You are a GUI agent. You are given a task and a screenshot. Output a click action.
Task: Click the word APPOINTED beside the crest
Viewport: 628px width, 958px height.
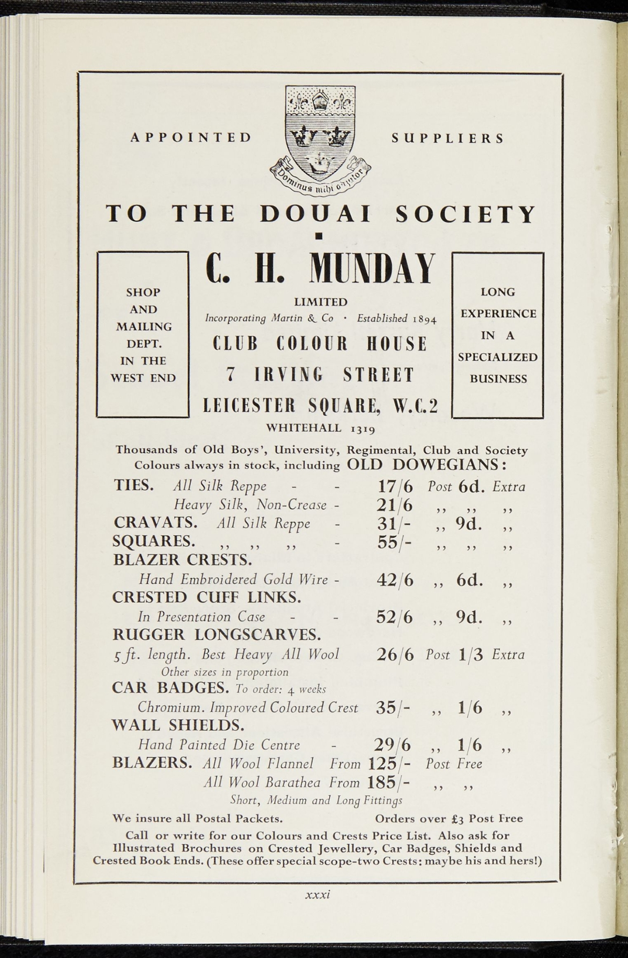(x=191, y=138)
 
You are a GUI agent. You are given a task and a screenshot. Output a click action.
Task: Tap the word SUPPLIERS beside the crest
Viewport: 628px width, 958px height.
(x=448, y=138)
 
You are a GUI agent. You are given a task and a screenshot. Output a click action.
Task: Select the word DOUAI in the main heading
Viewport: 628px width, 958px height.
(x=315, y=215)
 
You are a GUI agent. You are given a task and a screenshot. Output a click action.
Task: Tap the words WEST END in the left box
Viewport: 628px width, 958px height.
(x=143, y=378)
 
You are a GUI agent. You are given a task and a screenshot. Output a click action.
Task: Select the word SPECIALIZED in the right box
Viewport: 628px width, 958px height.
(x=497, y=357)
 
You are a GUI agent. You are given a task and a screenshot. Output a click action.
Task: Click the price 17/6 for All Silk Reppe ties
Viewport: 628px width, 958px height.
(x=395, y=487)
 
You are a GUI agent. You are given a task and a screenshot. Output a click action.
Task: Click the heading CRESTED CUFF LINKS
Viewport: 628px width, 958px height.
(x=207, y=597)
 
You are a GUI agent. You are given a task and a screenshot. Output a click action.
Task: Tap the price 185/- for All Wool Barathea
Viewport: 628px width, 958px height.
(x=389, y=783)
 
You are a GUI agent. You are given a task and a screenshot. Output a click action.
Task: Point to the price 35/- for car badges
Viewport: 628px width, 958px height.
(x=393, y=708)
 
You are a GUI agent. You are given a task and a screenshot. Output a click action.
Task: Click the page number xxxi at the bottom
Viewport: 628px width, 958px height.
(x=318, y=894)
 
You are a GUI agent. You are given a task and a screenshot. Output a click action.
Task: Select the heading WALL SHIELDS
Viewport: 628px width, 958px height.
(x=178, y=725)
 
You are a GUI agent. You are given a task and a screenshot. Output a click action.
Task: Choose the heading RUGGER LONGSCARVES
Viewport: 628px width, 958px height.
(x=217, y=635)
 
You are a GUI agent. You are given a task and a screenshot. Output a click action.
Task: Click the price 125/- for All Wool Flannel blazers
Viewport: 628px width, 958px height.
(x=389, y=764)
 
